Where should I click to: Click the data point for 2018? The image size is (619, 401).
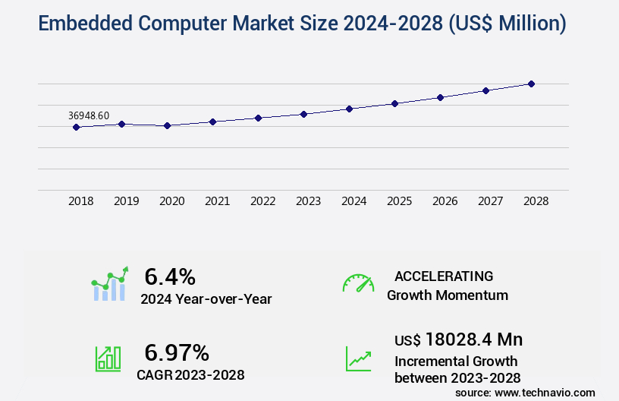tap(76, 127)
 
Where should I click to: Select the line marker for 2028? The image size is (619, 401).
tap(531, 84)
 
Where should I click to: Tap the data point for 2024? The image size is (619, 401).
tap(349, 109)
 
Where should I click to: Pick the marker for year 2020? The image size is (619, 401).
tap(167, 125)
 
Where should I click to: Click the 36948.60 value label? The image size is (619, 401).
tap(89, 115)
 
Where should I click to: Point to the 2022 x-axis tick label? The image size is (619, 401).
tap(262, 201)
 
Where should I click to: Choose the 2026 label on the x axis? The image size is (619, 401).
tap(445, 201)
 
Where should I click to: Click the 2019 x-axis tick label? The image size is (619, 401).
tap(126, 201)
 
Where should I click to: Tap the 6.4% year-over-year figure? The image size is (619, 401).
tap(170, 276)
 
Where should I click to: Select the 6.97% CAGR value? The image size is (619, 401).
tap(177, 352)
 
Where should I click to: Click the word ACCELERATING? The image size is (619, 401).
tap(444, 276)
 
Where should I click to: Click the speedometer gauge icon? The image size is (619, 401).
tap(358, 283)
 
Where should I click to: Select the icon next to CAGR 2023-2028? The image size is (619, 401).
tap(108, 358)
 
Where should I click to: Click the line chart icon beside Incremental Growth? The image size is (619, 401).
tap(358, 358)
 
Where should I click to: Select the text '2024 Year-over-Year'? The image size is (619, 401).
tap(206, 298)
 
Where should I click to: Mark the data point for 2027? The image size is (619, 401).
tap(485, 90)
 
